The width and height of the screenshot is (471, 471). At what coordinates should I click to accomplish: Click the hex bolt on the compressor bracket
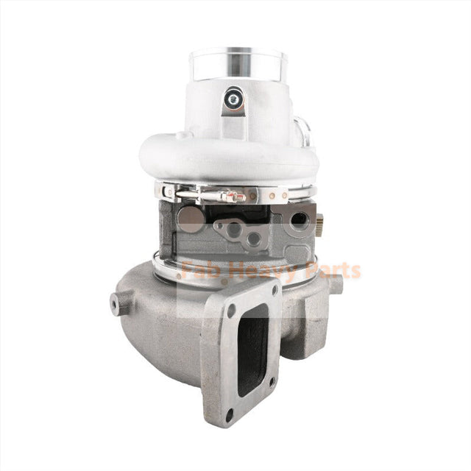[x=234, y=97]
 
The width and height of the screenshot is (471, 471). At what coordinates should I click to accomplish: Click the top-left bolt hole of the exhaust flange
[x=230, y=311]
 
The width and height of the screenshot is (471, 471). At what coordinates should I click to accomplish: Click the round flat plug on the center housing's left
[x=191, y=218]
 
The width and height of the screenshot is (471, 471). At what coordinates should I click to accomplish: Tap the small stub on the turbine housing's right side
[x=335, y=283]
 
